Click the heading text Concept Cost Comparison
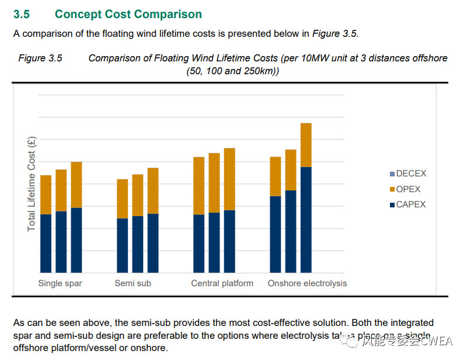[x=128, y=15]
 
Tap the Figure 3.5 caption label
[x=40, y=58]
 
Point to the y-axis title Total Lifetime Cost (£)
[x=32, y=183]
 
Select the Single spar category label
[x=60, y=283]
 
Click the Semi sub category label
[x=133, y=283]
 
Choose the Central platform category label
[x=222, y=283]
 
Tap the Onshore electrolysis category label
[x=307, y=283]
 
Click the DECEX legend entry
[x=411, y=173]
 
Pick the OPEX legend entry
[x=408, y=189]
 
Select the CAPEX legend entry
[x=410, y=204]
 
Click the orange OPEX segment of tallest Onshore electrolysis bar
[x=306, y=145]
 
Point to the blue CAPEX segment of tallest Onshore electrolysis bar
[x=306, y=220]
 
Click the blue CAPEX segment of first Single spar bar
[x=46, y=243]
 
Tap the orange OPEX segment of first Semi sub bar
[x=123, y=199]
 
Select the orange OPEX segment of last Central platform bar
[x=229, y=179]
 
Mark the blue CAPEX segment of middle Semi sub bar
[x=138, y=244]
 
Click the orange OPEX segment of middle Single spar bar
[x=61, y=190]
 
